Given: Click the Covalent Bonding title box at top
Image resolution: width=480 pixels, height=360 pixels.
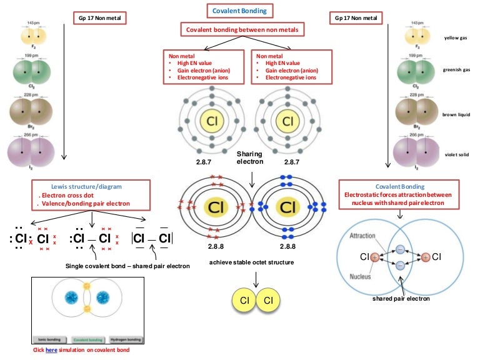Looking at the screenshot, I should pyautogui.click(x=240, y=11).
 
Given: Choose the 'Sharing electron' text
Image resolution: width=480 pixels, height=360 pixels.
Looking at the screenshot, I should pyautogui.click(x=249, y=157).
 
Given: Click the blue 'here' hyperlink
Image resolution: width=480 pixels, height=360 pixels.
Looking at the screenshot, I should pyautogui.click(x=51, y=350).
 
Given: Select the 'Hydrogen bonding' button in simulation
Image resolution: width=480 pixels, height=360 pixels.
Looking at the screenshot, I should pyautogui.click(x=125, y=339).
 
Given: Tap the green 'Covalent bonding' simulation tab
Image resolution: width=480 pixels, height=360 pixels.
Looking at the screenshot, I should pyautogui.click(x=87, y=339).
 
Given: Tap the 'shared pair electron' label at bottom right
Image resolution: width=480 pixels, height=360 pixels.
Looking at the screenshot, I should pyautogui.click(x=400, y=298).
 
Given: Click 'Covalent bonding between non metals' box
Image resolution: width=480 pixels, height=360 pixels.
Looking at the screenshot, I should pyautogui.click(x=240, y=29).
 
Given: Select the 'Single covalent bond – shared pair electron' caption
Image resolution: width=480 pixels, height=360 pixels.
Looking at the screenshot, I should pyautogui.click(x=127, y=266).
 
